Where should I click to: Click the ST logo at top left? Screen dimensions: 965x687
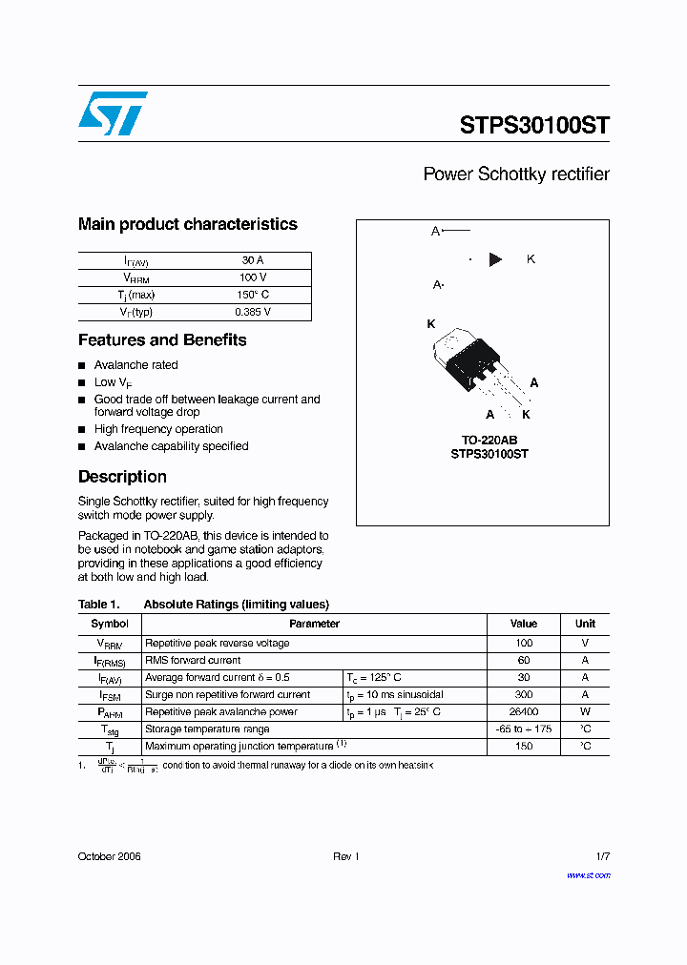(x=113, y=113)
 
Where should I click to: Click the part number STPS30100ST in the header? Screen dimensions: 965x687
(x=533, y=125)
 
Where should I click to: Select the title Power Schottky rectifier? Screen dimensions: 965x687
(x=515, y=175)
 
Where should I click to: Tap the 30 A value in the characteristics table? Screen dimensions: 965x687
(x=253, y=260)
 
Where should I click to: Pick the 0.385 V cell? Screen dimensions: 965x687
(x=253, y=312)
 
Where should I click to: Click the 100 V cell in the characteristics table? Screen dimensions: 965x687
(x=253, y=277)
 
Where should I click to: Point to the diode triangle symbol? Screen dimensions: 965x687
(x=495, y=259)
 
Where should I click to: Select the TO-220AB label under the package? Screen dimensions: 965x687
(x=489, y=440)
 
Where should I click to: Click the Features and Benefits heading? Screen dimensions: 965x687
(x=162, y=340)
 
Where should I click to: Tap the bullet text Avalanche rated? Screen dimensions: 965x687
(x=135, y=365)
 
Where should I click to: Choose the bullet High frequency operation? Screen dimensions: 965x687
(x=158, y=429)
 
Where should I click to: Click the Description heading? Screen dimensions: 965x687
(x=122, y=477)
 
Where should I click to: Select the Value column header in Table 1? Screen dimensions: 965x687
(x=524, y=624)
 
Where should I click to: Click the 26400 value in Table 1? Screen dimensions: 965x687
(x=524, y=712)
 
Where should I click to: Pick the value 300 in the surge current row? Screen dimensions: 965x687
(x=524, y=695)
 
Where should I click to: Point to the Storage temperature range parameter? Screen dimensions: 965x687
(x=207, y=729)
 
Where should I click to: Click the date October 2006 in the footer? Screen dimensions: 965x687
(x=109, y=857)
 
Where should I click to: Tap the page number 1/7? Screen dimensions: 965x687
(x=601, y=857)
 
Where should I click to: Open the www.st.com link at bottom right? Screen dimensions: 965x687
(x=588, y=875)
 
